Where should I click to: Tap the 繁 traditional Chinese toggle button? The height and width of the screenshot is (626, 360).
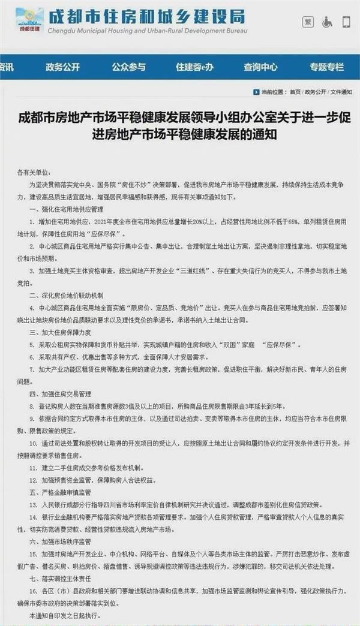tap(308, 22)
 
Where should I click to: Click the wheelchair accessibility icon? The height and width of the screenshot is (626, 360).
tap(328, 22)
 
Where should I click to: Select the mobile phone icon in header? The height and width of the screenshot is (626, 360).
tap(346, 22)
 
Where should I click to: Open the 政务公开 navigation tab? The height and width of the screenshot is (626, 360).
tap(62, 67)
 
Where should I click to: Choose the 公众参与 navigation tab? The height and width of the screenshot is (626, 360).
tap(128, 67)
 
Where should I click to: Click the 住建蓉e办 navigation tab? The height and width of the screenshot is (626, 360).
tap(194, 67)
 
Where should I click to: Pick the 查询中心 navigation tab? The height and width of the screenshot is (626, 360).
tap(260, 67)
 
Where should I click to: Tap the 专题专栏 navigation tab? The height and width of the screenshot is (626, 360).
tap(326, 67)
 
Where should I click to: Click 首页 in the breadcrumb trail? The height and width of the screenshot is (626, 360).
tap(295, 92)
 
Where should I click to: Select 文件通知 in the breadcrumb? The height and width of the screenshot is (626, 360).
tap(341, 92)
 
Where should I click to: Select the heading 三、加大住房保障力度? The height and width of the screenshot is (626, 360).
tap(60, 332)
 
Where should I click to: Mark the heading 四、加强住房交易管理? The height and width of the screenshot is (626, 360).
tap(60, 393)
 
